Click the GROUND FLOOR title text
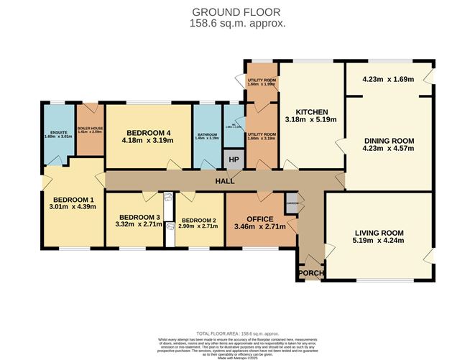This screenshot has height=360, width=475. click(x=237, y=12)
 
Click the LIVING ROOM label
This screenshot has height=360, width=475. click(x=378, y=233)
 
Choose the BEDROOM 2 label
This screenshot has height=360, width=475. click(x=199, y=220)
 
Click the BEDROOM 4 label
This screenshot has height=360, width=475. click(x=149, y=132)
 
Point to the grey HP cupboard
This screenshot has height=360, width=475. click(x=234, y=159)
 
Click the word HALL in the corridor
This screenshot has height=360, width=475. click(x=225, y=182)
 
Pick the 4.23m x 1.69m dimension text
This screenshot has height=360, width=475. click(x=389, y=80)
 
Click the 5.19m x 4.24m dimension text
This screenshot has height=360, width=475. click(x=378, y=241)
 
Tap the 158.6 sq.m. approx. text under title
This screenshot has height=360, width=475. click(x=237, y=23)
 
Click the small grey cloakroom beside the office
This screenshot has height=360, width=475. click(x=291, y=203)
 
